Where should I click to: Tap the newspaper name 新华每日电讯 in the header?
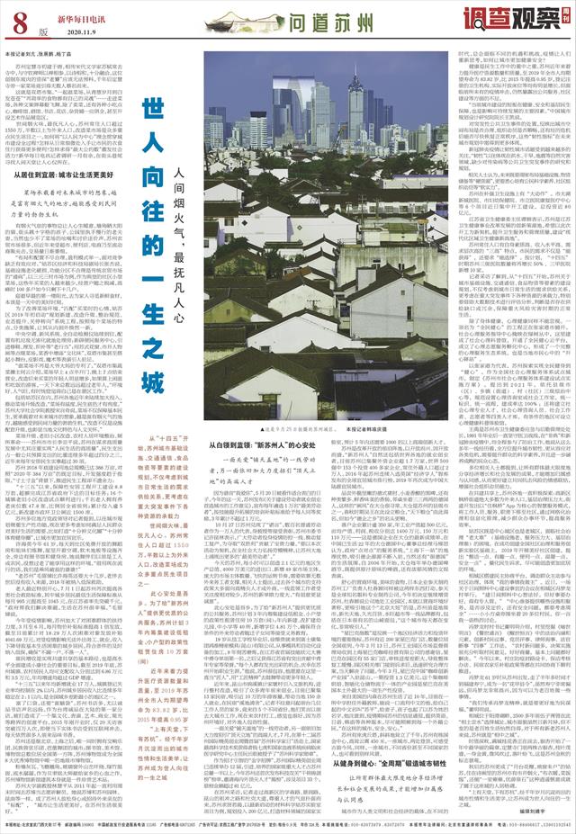66,16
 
